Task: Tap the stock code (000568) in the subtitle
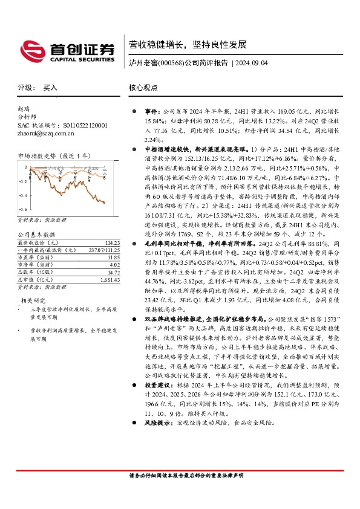click(171, 62)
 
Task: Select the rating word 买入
click(50, 88)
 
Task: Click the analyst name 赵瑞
click(24, 109)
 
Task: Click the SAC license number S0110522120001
click(82, 125)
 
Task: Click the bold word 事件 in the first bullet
click(151, 112)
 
